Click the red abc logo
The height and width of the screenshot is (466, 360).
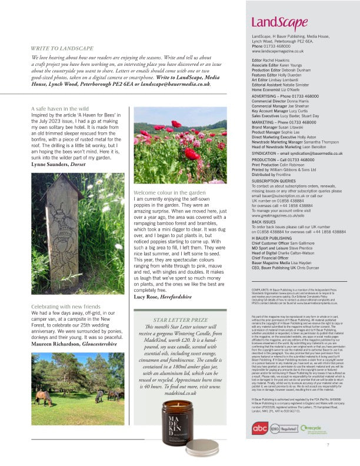click(x=259, y=430)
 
